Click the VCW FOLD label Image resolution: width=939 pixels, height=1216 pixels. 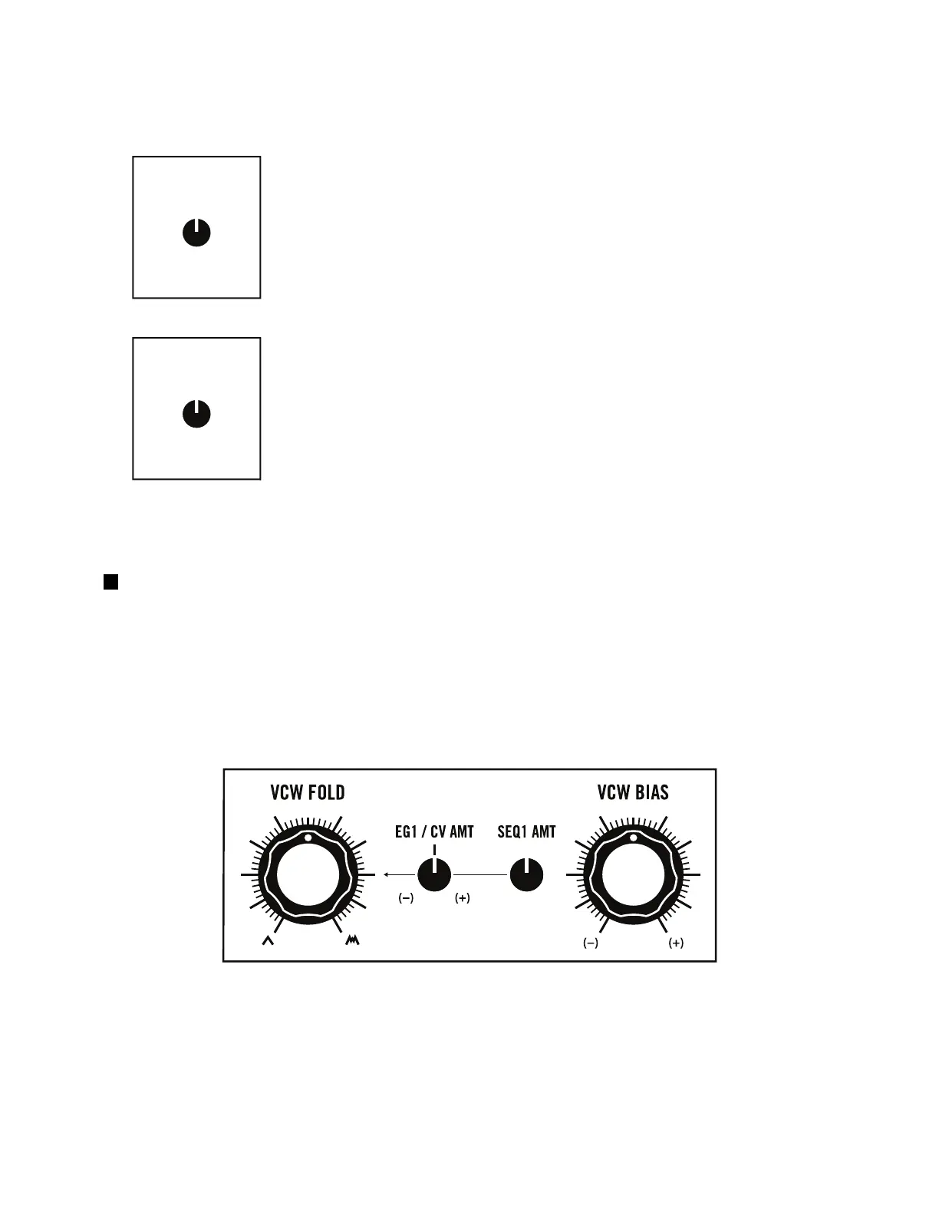tap(307, 792)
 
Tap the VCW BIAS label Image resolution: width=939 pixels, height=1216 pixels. tap(633, 792)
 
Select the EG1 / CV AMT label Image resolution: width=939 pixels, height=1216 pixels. tap(434, 831)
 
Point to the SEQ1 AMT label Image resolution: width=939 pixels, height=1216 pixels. tap(526, 831)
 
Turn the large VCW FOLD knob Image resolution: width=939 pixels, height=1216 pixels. tap(308, 875)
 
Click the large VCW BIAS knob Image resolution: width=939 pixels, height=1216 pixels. tap(634, 875)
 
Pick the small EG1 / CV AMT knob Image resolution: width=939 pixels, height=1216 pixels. tap(434, 875)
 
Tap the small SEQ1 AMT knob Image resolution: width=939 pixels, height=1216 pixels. tap(526, 875)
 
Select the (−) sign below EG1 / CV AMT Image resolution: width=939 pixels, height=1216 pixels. tap(406, 898)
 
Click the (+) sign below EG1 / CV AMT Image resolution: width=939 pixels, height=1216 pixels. tap(462, 898)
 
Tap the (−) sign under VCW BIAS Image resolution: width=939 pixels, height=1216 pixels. tap(591, 943)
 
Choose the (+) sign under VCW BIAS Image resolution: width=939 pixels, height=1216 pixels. tap(676, 943)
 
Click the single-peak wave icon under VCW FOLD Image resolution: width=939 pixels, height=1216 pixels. tap(268, 940)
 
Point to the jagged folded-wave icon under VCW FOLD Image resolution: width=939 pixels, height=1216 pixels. tap(352, 940)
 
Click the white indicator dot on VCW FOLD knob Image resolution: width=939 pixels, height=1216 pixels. tap(308, 838)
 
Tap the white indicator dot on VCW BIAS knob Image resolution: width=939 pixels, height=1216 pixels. tap(634, 838)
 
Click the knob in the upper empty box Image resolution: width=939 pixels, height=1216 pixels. tap(197, 233)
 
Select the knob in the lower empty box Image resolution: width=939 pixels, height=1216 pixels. tap(197, 414)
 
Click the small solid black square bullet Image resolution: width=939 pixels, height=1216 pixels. tap(110, 582)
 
